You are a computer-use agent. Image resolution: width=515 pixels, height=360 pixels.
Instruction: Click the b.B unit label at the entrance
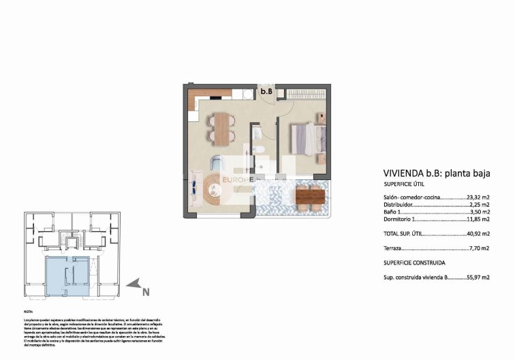pos(266,91)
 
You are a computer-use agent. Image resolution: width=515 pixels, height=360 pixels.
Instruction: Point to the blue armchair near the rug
pos(216,164)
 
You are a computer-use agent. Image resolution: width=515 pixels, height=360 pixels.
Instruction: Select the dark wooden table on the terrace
pos(311,197)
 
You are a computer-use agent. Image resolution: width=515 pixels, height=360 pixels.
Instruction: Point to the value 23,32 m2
pos(480,197)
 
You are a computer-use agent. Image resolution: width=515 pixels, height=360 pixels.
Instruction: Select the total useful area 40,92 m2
pos(480,235)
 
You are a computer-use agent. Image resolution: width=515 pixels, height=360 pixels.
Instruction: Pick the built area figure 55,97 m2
pos(480,277)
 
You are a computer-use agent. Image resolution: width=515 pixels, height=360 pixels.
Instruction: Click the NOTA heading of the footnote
pos(28,311)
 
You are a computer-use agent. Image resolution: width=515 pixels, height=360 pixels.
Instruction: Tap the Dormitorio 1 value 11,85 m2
pos(480,220)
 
